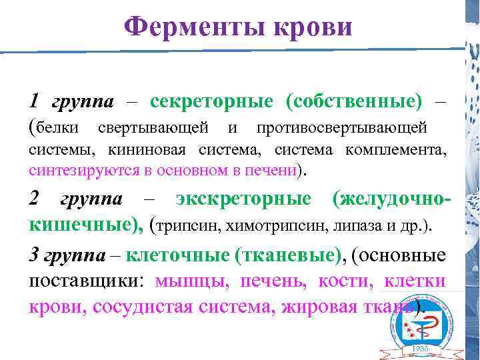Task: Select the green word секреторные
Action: (x=211, y=101)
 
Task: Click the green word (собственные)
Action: (x=353, y=101)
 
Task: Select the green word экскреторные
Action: (x=243, y=199)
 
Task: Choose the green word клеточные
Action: (x=177, y=255)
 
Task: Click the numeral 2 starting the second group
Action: (x=35, y=199)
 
